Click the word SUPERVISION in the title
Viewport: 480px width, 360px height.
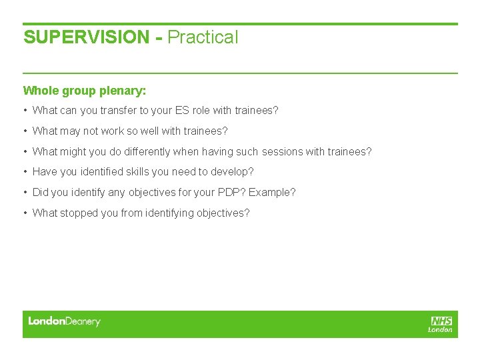[x=87, y=37]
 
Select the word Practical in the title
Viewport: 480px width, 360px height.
[x=203, y=37]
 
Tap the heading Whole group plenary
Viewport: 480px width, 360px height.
[x=85, y=90]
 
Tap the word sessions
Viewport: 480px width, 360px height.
[x=282, y=152]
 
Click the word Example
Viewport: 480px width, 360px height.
[x=272, y=193]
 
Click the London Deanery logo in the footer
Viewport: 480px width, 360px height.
[x=64, y=321]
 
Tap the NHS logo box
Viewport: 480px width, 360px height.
[x=441, y=321]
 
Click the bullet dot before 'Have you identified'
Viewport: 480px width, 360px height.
[x=25, y=172]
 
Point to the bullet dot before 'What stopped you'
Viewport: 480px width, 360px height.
[x=25, y=213]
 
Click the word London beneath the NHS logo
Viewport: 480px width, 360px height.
[x=440, y=329]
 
